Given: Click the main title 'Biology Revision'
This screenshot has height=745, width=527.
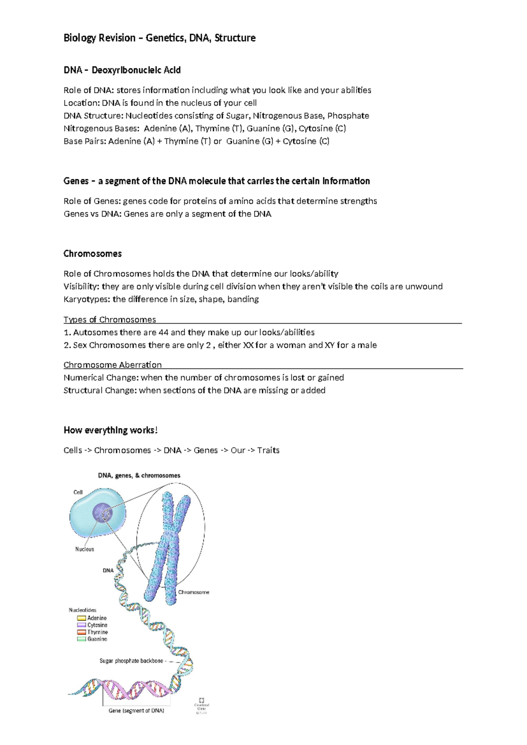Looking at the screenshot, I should coord(99,38).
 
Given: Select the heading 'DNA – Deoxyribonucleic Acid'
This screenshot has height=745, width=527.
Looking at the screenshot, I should coord(122,70).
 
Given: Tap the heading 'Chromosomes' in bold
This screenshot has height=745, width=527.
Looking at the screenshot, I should coord(93,254).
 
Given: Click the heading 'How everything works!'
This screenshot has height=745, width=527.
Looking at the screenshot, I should coord(110,430).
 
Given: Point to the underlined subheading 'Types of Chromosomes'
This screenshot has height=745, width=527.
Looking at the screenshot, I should coord(110,320).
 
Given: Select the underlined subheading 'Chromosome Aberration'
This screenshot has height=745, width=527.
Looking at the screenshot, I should coord(112,365).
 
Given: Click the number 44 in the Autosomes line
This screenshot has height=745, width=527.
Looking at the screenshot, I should coord(163,333).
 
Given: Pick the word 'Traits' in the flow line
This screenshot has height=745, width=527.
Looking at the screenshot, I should coord(268,451).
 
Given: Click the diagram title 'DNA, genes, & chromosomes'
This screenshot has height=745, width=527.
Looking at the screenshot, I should coord(139,476).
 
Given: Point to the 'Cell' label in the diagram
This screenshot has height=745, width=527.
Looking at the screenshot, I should coord(78,492).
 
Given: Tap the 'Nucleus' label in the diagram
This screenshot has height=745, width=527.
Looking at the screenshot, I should coord(84,550).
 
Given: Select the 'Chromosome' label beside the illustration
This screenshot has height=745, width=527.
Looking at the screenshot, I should coord(193,593).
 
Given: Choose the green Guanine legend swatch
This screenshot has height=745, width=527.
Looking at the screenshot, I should coord(81,640).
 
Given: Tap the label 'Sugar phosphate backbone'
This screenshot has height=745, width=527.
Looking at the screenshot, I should coord(131,661).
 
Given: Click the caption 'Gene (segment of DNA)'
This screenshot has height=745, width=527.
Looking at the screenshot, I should coord(136,711).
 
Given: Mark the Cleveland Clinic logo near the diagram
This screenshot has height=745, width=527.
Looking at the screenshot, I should coord(202,705).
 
